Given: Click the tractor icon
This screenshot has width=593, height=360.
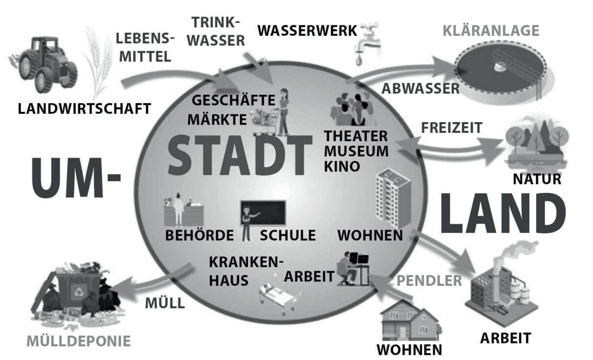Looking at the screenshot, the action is [x=44, y=64].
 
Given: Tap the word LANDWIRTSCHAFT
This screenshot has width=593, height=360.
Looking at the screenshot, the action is [x=84, y=108].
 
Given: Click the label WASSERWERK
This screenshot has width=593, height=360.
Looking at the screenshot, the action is [x=307, y=31].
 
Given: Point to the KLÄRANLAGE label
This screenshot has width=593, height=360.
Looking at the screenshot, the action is [x=490, y=31].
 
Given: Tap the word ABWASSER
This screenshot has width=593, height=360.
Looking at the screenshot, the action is [x=420, y=88].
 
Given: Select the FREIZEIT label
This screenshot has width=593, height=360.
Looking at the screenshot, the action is [x=451, y=128].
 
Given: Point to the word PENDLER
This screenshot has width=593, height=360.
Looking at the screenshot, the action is [x=429, y=281].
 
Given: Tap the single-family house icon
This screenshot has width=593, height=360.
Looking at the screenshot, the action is [x=410, y=321].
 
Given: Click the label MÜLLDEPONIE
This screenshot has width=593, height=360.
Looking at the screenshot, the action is [x=79, y=340].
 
